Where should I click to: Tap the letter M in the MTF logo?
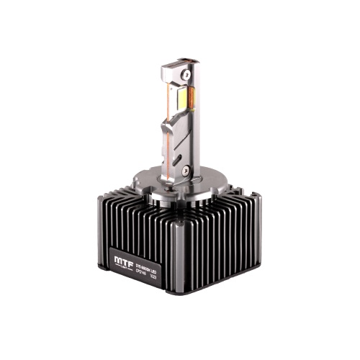pyautogui.click(x=118, y=257)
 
